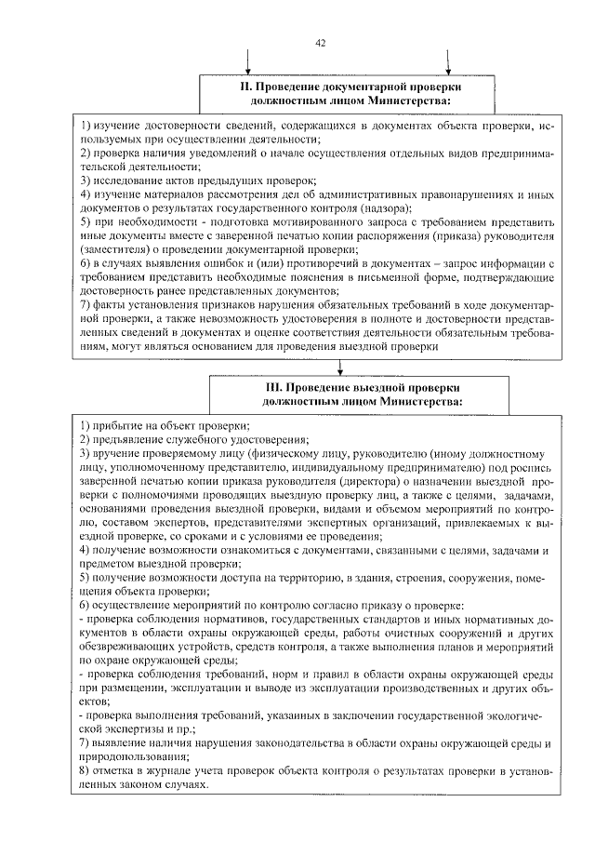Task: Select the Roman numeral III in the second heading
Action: click(272, 386)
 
